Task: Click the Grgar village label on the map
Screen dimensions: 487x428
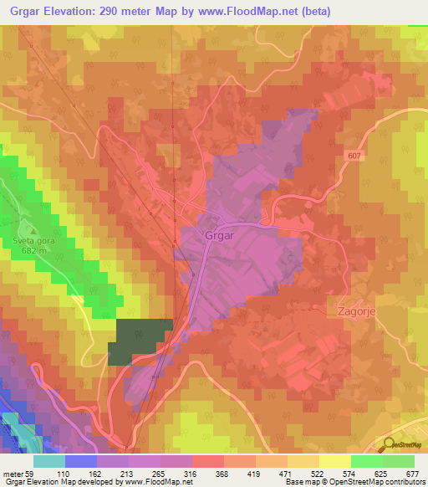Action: tap(219, 236)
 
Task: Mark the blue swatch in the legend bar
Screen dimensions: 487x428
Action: tap(81, 461)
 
